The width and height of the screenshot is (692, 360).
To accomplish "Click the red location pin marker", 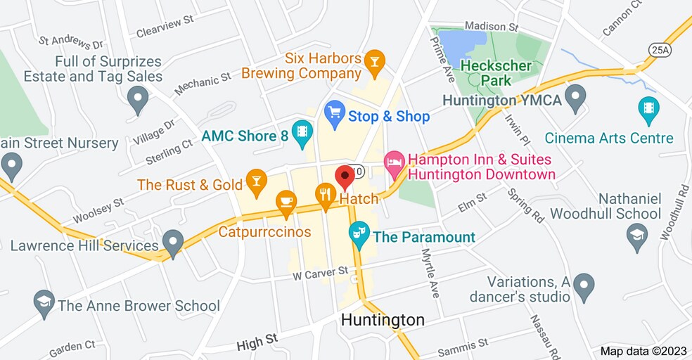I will (345, 176).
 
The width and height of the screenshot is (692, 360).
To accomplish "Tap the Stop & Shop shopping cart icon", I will (334, 114).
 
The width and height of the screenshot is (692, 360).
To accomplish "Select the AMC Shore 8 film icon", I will (302, 132).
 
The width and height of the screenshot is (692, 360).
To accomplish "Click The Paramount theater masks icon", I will (359, 234).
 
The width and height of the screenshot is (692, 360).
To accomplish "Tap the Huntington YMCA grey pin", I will (576, 98).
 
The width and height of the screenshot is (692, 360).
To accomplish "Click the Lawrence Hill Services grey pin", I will (172, 243).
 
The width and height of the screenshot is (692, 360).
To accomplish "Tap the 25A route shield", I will (660, 49).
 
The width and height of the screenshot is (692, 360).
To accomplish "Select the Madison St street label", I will (491, 27).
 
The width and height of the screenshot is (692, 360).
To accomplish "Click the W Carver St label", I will (321, 271).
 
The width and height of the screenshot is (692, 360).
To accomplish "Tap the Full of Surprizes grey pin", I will (138, 98).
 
